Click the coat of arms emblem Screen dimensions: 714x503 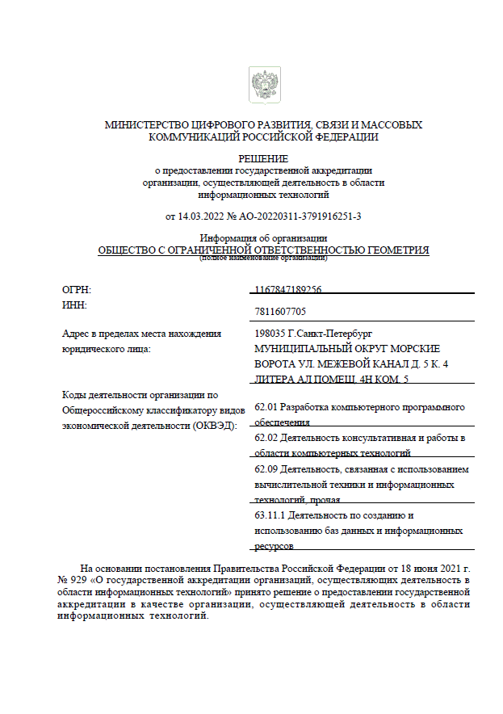(263, 84)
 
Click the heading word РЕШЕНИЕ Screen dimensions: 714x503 (263, 158)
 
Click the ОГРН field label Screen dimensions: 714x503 (77, 289)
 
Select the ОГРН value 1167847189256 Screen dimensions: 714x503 (287, 289)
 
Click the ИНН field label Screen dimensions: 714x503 (74, 305)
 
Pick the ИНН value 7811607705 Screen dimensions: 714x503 (279, 311)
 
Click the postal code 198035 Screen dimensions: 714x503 (269, 333)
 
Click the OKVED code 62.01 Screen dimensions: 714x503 (266, 406)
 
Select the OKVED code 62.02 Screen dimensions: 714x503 (266, 438)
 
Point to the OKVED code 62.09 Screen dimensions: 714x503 (266, 468)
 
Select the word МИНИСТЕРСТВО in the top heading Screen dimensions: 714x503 (146, 125)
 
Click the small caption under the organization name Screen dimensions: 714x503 (263, 258)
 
